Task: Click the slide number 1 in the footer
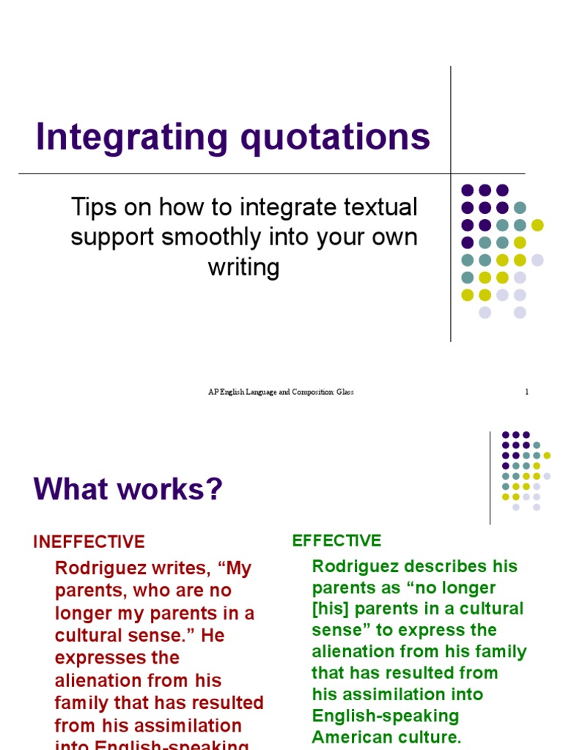click(526, 393)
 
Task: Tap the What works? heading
click(128, 490)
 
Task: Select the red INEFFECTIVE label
click(89, 542)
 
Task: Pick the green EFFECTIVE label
click(336, 541)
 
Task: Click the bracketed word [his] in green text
click(328, 609)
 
